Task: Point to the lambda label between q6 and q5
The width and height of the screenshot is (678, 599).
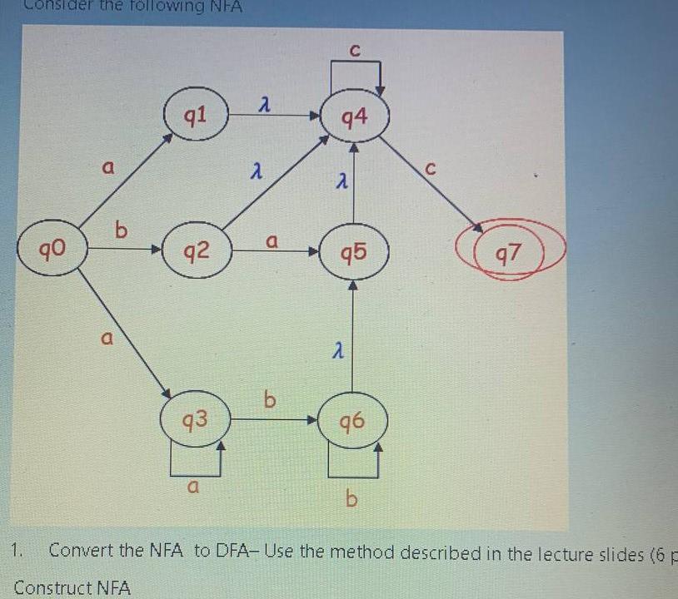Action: pos(337,353)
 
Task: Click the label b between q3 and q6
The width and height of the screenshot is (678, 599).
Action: pos(269,401)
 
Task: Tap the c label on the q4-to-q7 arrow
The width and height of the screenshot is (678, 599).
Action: pos(430,168)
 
